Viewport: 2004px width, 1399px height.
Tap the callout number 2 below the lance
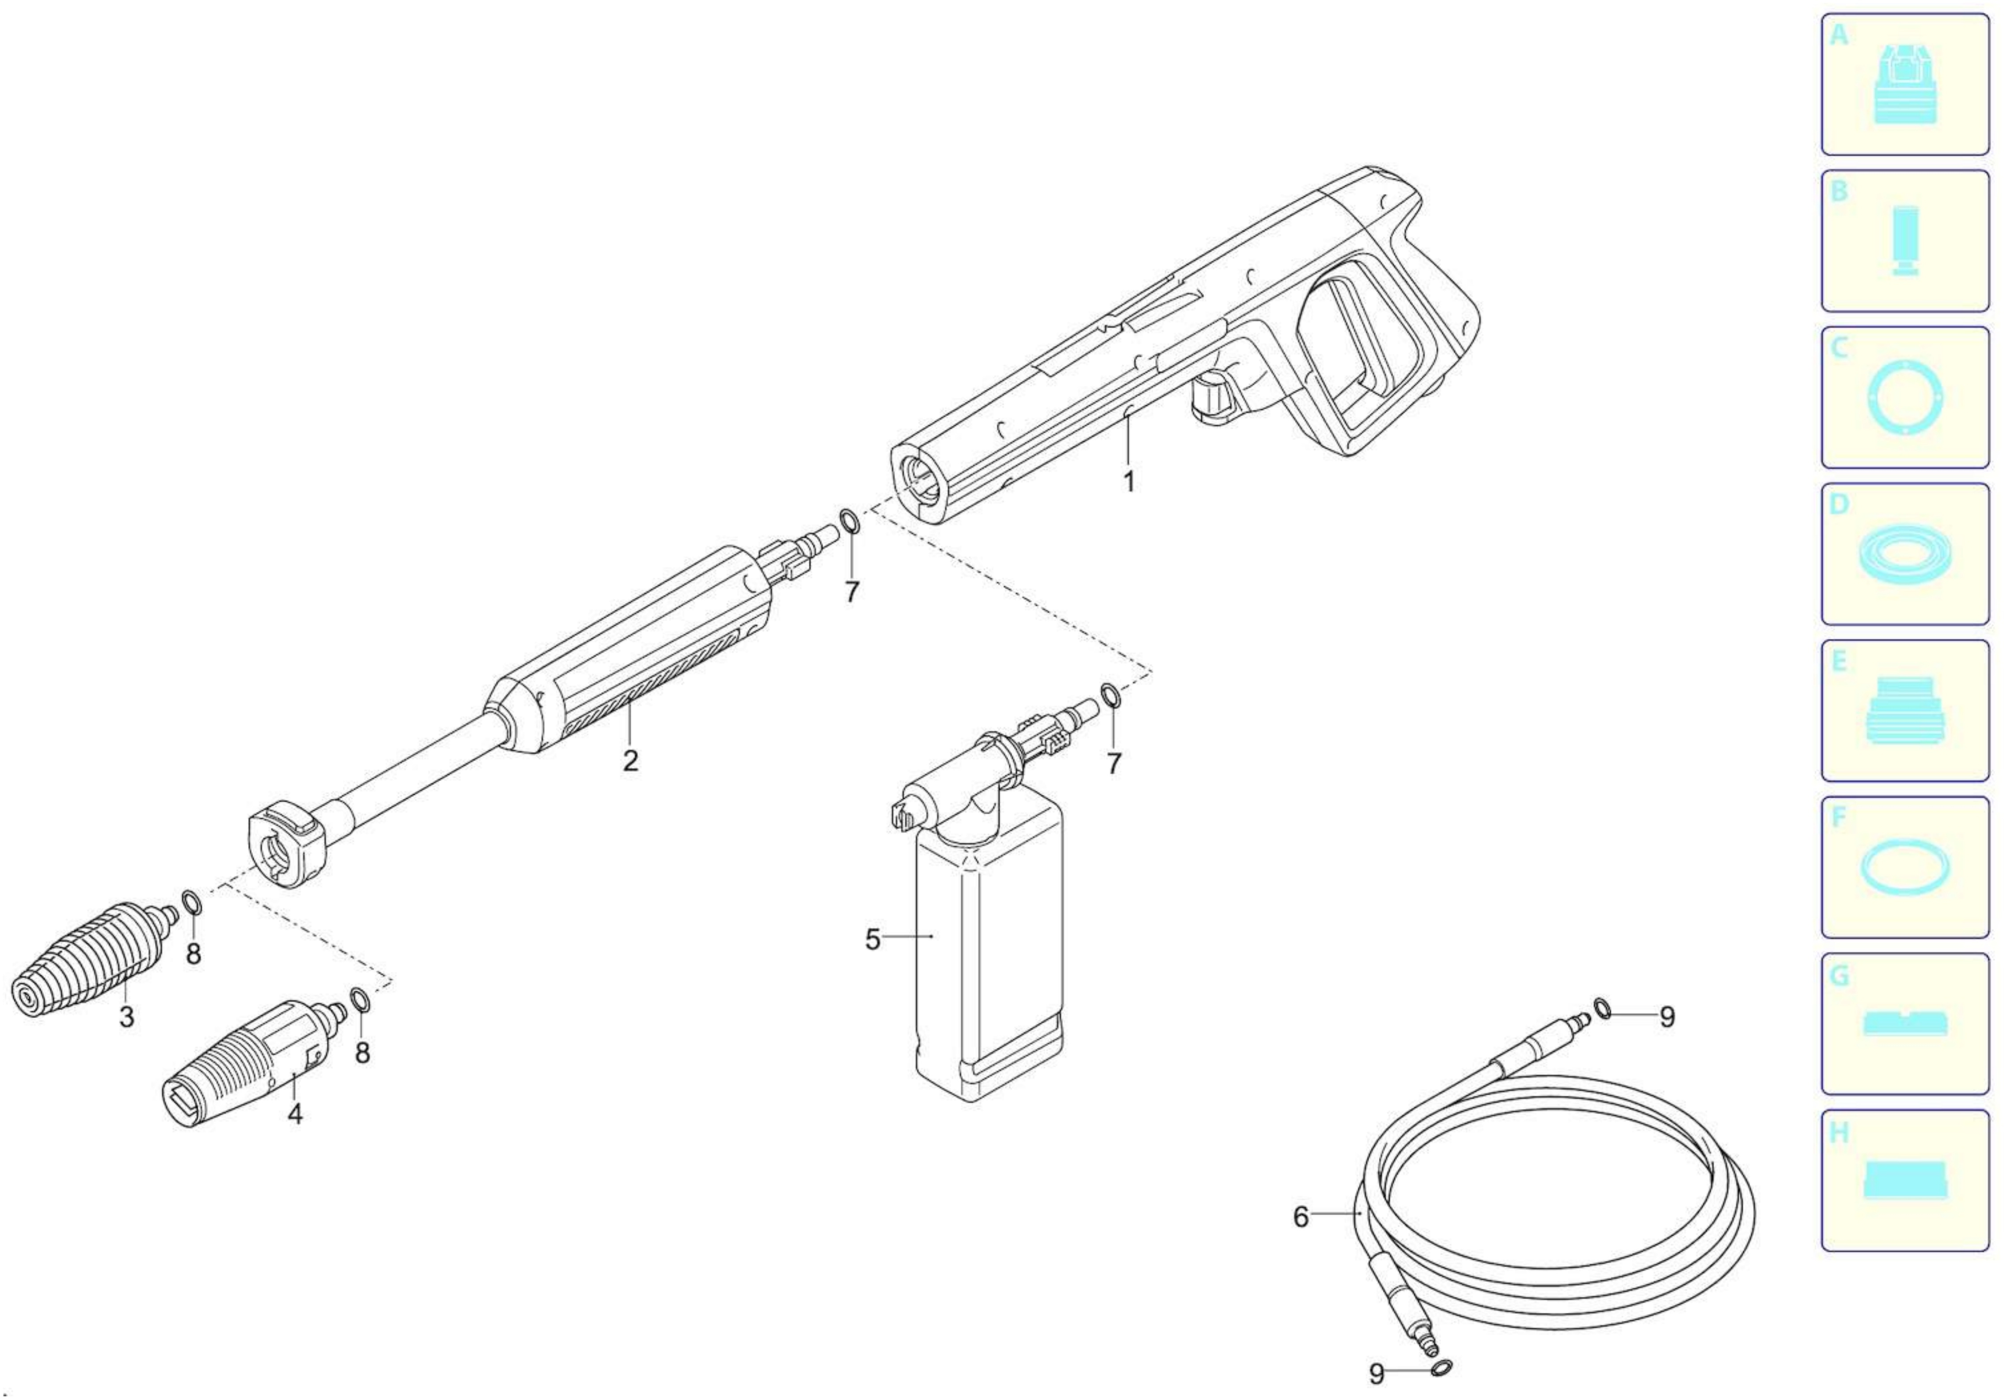click(630, 760)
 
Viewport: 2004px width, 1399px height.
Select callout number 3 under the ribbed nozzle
click(126, 1017)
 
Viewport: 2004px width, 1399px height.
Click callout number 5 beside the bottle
click(873, 940)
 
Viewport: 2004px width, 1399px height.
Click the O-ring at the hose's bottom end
click(1443, 1368)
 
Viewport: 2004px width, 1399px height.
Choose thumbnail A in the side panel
click(1904, 85)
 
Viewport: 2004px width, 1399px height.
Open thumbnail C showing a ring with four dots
click(1904, 397)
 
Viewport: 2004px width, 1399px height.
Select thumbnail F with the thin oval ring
click(1904, 867)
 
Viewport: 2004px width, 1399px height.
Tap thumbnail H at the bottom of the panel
click(1904, 1180)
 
